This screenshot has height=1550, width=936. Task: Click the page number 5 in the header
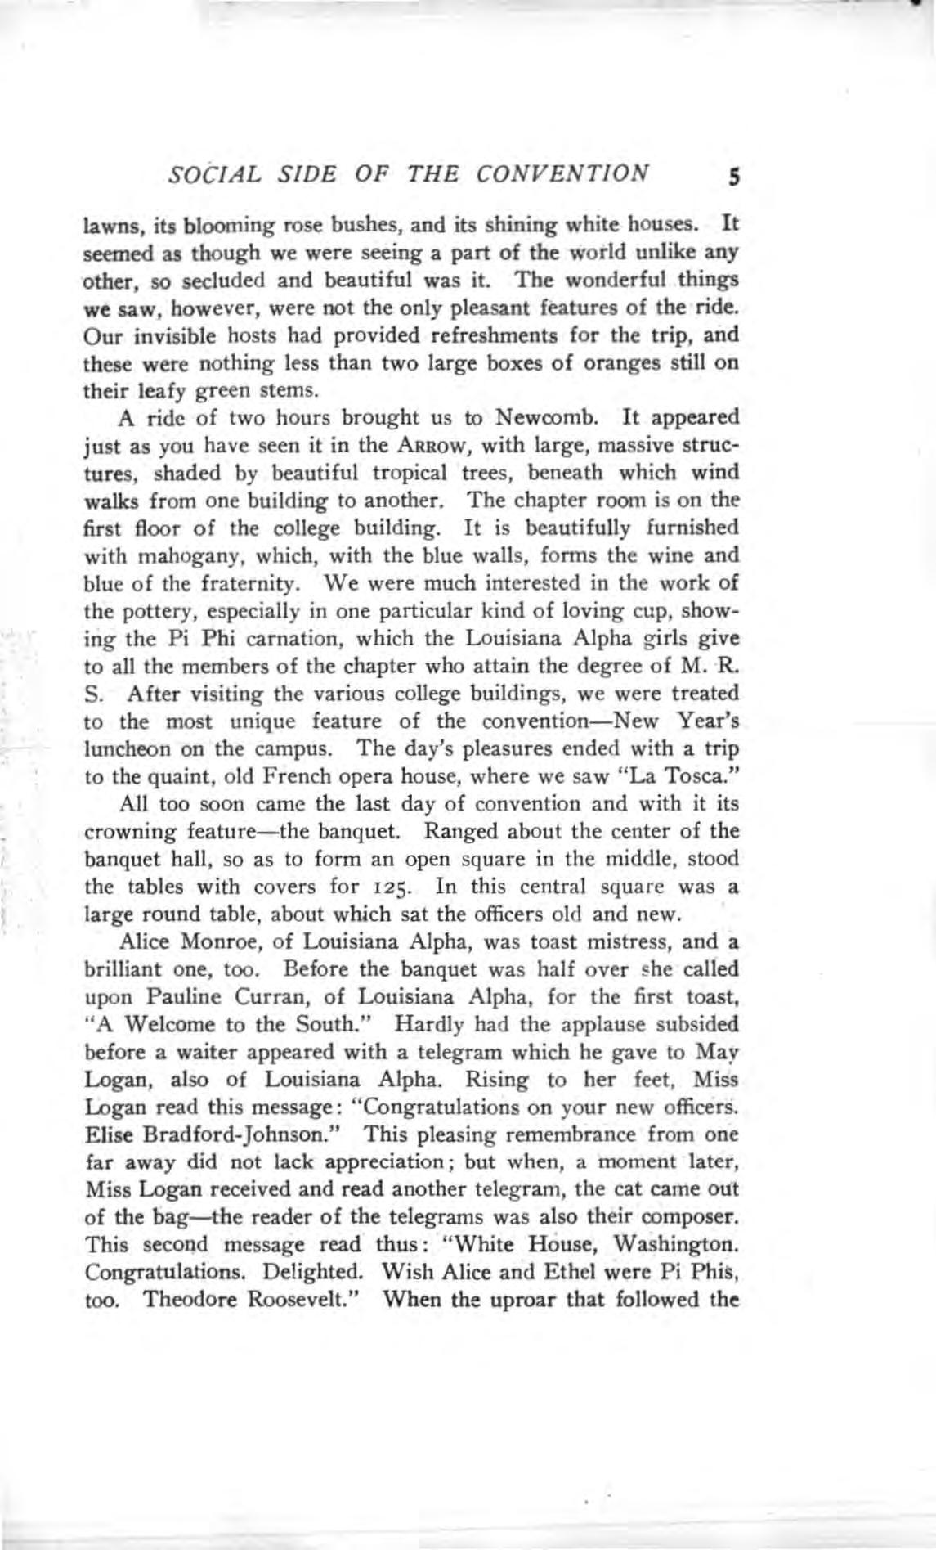733,177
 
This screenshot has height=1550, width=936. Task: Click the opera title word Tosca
702,776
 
